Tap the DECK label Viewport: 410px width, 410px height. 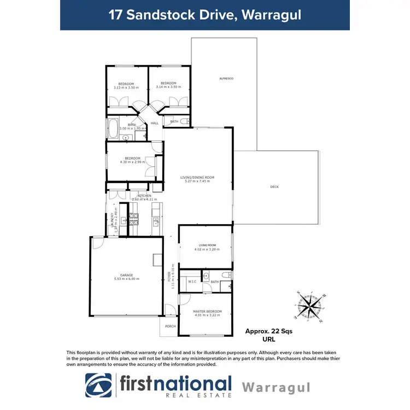coord(274,187)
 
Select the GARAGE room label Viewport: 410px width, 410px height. coord(126,275)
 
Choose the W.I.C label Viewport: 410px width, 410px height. coord(191,281)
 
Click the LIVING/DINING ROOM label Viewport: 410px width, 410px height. coord(197,177)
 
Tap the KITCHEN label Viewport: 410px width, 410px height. coord(144,195)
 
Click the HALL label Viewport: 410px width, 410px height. coord(155,123)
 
